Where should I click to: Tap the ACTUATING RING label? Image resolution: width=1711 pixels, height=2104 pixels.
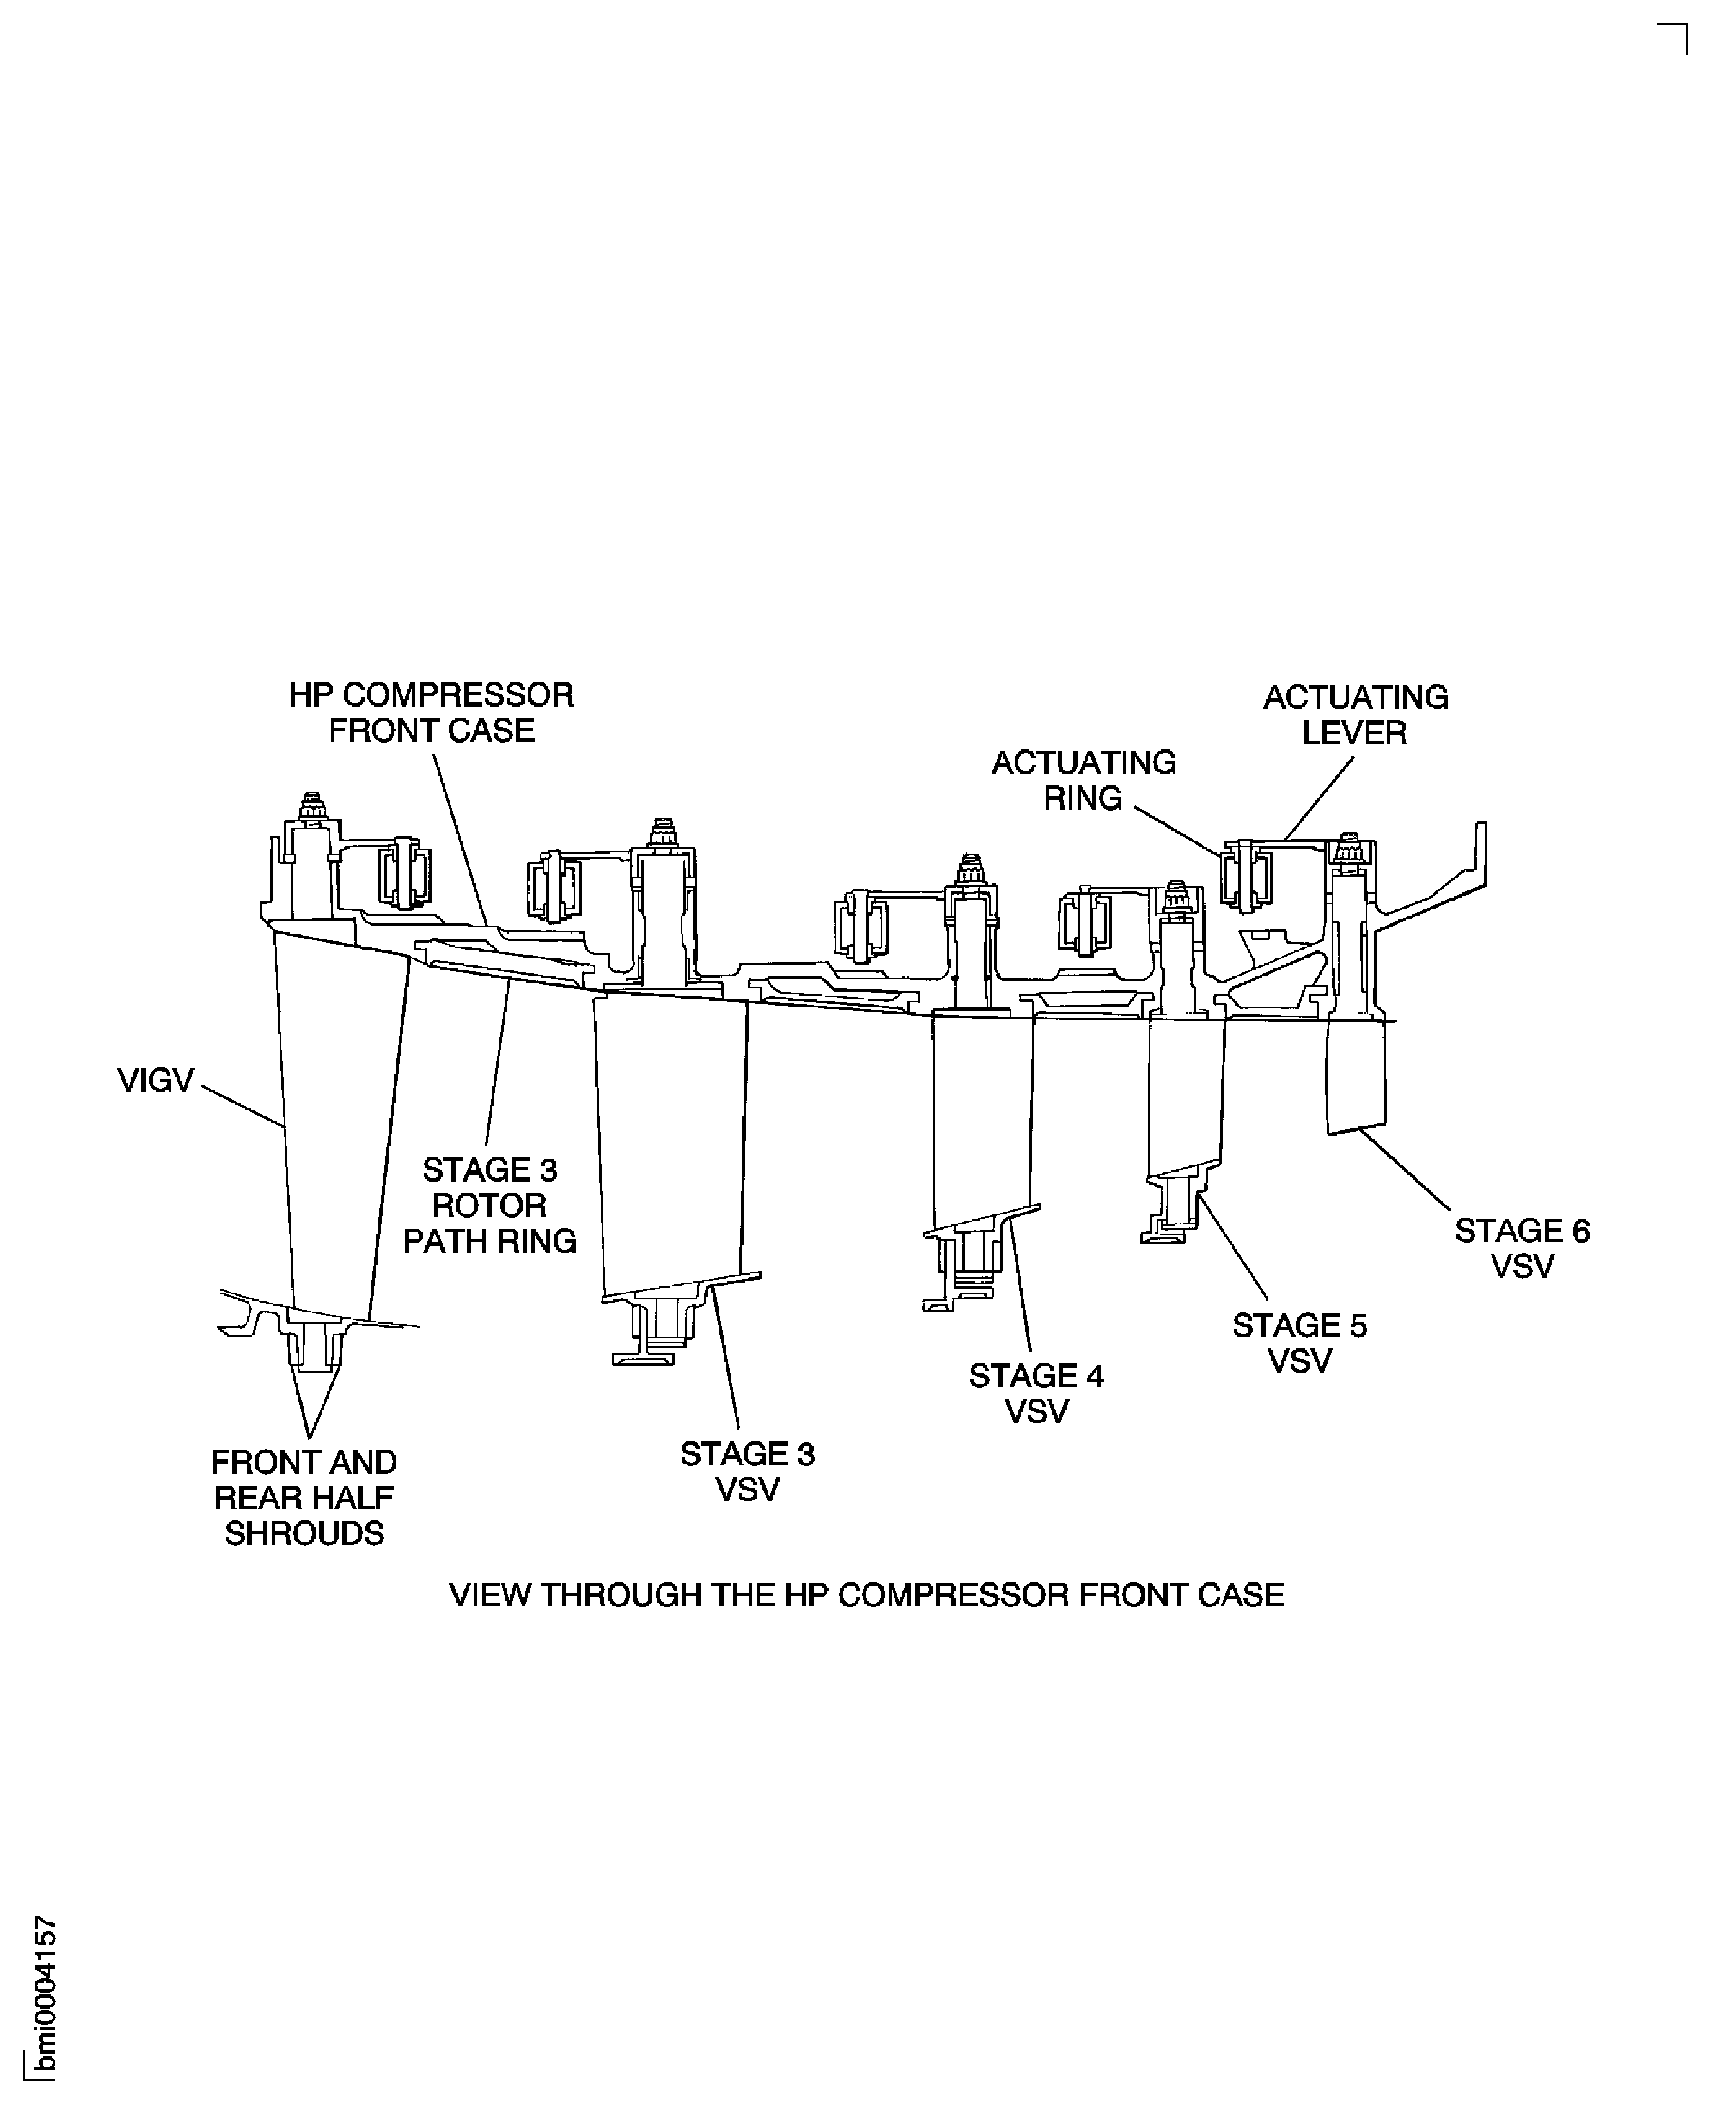click(x=1083, y=780)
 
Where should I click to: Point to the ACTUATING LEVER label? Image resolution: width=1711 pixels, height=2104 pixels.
click(x=1355, y=715)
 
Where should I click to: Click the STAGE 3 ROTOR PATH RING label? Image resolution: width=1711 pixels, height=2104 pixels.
click(x=490, y=1205)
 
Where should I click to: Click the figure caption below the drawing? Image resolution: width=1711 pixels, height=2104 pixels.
click(x=866, y=1595)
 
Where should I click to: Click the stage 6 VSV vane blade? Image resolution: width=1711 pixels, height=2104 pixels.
click(x=1356, y=1075)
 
